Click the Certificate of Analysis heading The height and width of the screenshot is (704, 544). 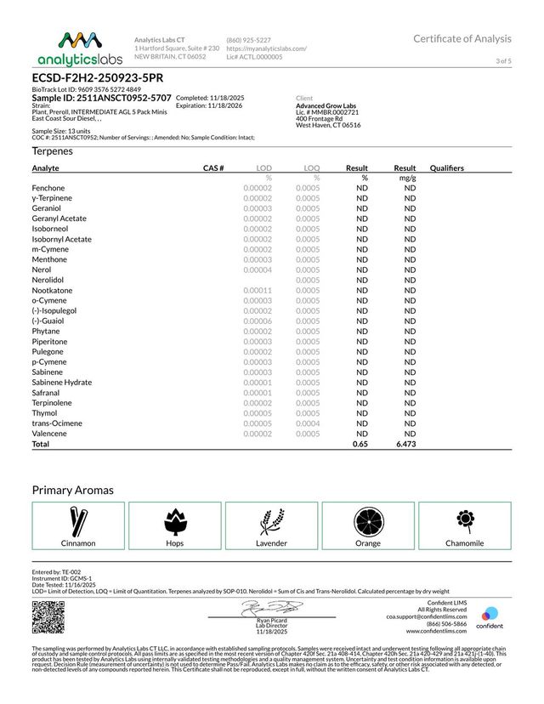[462, 38]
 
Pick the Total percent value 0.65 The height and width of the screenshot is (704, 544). [360, 444]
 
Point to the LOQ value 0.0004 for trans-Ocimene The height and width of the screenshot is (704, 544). [308, 423]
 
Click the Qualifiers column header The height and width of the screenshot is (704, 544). [447, 168]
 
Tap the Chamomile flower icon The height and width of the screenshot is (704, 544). [464, 520]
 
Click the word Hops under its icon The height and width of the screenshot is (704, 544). [175, 542]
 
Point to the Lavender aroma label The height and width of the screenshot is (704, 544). [272, 542]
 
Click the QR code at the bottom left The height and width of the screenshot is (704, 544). [48, 616]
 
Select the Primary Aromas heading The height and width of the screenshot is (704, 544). [73, 491]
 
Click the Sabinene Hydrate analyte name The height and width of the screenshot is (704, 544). [61, 383]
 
